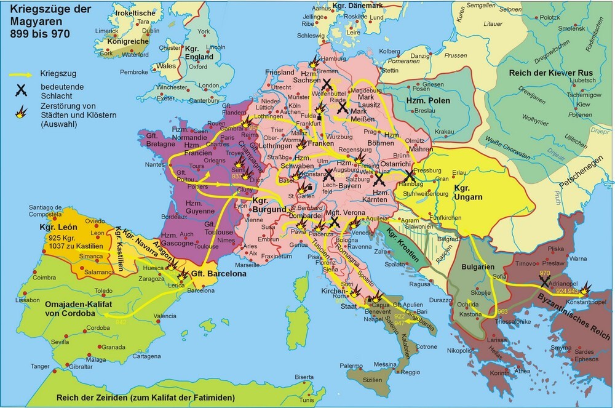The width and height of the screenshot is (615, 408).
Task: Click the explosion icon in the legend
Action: (22, 112)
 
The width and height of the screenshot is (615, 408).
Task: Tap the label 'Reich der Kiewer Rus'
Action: (550, 73)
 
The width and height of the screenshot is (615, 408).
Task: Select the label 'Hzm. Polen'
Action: (429, 100)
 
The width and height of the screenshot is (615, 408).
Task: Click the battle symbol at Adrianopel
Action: (544, 281)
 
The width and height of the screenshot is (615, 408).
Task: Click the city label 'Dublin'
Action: (149, 30)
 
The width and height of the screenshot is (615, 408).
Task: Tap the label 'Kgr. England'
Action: (199, 52)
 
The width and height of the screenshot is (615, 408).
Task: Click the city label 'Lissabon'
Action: (31, 300)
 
